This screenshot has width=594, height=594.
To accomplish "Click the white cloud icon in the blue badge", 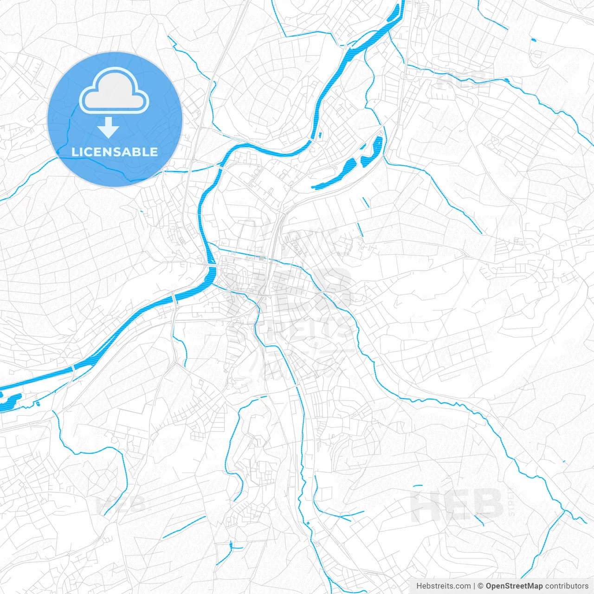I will tap(114, 90).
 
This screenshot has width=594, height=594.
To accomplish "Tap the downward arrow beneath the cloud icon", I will tap(108, 128).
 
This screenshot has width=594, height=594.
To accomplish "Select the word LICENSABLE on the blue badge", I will tap(115, 152).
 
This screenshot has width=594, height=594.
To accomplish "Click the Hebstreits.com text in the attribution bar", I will tap(443, 586).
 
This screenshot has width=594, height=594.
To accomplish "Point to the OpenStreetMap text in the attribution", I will tap(514, 586).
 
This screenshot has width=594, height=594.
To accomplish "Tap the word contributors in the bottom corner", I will tap(567, 586).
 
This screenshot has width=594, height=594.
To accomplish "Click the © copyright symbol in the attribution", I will tap(481, 586).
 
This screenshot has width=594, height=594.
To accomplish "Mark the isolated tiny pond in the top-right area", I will tap(533, 39).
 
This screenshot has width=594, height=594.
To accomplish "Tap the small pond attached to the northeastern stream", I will tap(506, 80).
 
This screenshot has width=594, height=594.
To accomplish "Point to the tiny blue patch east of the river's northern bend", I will tap(320, 136).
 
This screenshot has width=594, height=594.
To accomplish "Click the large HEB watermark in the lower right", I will tap(457, 504).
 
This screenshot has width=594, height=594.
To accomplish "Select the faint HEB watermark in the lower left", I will tap(121, 504).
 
